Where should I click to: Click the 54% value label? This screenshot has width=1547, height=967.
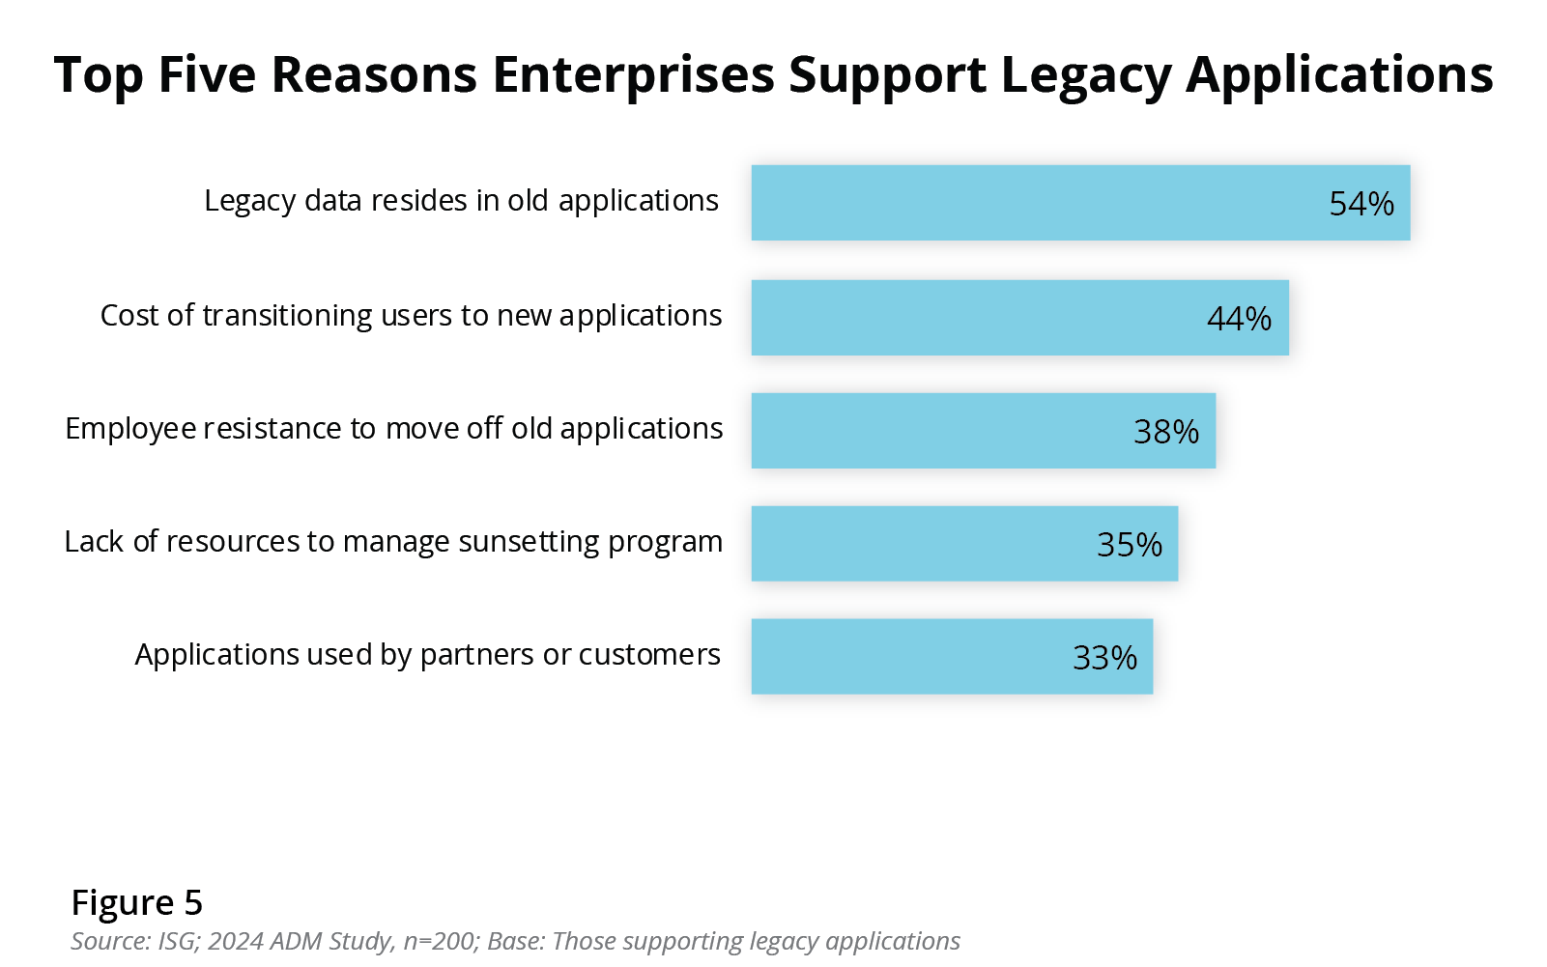[1361, 204]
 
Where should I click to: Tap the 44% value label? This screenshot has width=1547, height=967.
[1239, 319]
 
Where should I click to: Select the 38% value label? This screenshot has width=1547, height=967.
[1165, 432]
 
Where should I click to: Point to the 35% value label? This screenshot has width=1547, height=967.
[1129, 545]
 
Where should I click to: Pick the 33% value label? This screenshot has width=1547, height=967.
[1104, 658]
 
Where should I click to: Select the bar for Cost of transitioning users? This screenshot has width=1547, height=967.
[966, 318]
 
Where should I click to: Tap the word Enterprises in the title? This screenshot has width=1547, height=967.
[633, 75]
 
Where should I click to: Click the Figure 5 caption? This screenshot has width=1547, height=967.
[136, 902]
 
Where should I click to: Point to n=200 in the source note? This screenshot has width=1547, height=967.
[439, 941]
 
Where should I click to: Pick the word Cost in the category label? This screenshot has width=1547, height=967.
[124, 316]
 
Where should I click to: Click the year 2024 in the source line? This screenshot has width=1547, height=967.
[236, 941]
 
